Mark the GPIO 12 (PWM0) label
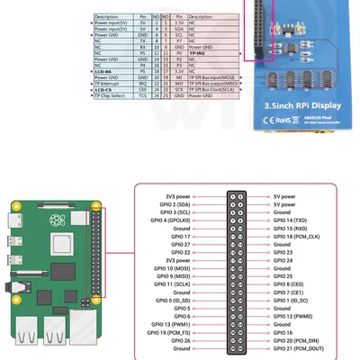[292, 317]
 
